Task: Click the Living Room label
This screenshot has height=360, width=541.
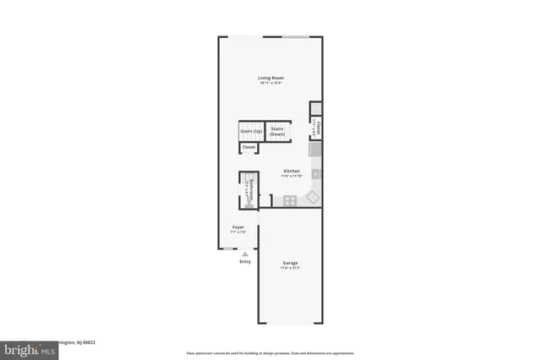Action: point(270,78)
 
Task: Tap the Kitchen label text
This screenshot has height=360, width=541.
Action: point(292,171)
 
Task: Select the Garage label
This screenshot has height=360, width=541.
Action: point(290,263)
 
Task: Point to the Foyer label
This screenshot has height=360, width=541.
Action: point(238,227)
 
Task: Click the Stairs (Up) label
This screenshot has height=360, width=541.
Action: point(251,131)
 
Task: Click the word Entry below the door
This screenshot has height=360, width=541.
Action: point(245,261)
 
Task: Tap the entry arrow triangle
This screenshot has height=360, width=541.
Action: point(245,254)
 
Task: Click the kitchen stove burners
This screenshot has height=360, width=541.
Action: point(289,200)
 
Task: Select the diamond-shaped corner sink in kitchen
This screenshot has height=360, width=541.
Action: point(312,198)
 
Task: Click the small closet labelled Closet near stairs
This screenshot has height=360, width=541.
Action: point(249,147)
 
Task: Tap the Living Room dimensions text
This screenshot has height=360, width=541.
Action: point(270,83)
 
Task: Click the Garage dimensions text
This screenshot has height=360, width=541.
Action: point(290,268)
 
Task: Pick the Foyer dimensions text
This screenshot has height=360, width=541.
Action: point(238,232)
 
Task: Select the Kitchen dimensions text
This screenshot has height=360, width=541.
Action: point(292,176)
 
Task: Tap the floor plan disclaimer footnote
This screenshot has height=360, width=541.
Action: point(270,352)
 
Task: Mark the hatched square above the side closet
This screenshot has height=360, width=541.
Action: point(315,108)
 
